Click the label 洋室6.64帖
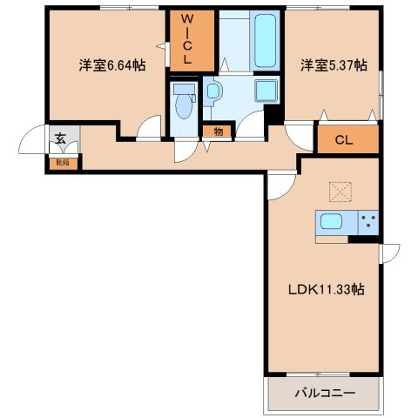point(111,65)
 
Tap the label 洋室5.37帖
point(334,65)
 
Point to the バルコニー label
point(325,394)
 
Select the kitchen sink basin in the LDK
point(332,221)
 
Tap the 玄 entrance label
point(60,136)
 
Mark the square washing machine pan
point(265,91)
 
